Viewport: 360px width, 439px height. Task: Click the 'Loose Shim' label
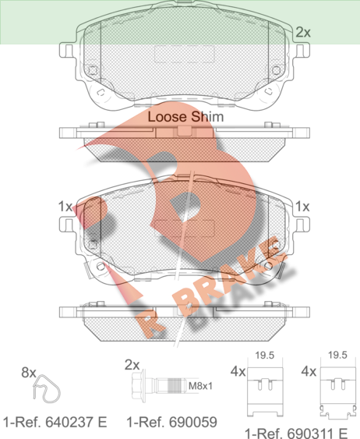pyautogui.click(x=185, y=117)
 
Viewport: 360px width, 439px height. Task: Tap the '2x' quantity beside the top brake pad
pyautogui.click(x=303, y=33)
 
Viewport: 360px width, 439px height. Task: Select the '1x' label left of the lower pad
pyautogui.click(x=65, y=207)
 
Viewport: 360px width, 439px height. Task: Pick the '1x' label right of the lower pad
pyautogui.click(x=302, y=207)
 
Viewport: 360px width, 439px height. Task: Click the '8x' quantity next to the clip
pyautogui.click(x=29, y=373)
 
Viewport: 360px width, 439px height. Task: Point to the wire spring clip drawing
pyautogui.click(x=47, y=389)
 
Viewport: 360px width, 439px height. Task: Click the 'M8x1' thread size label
pyautogui.click(x=200, y=386)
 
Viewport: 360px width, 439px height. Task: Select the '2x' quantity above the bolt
pyautogui.click(x=132, y=365)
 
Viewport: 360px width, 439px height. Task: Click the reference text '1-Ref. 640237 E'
pyautogui.click(x=55, y=422)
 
